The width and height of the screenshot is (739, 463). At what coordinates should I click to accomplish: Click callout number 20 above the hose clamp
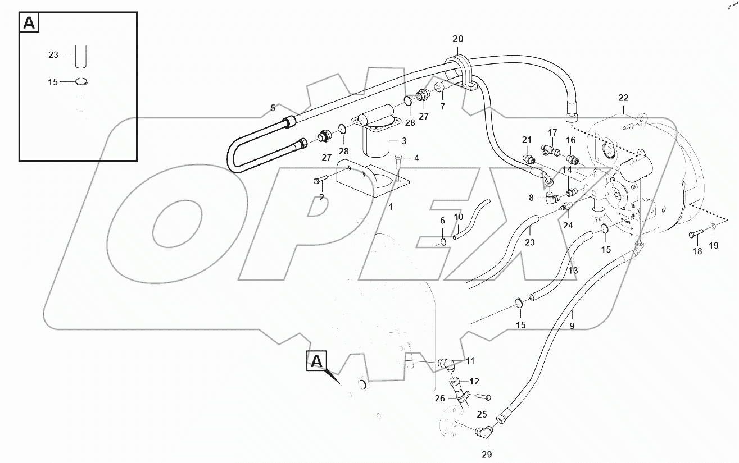click(x=458, y=39)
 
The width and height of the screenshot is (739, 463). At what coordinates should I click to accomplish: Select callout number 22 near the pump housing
click(x=623, y=98)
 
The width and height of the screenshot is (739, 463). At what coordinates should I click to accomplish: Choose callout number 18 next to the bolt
click(x=697, y=251)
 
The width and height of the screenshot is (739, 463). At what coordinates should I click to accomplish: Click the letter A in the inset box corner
click(x=29, y=23)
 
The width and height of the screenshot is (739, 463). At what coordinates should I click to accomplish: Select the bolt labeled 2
click(x=321, y=180)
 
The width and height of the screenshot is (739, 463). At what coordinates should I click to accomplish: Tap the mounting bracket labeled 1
click(x=371, y=179)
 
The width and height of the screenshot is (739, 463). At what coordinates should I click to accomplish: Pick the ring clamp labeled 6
click(x=443, y=242)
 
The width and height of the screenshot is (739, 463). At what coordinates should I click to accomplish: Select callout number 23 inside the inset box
click(x=53, y=54)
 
